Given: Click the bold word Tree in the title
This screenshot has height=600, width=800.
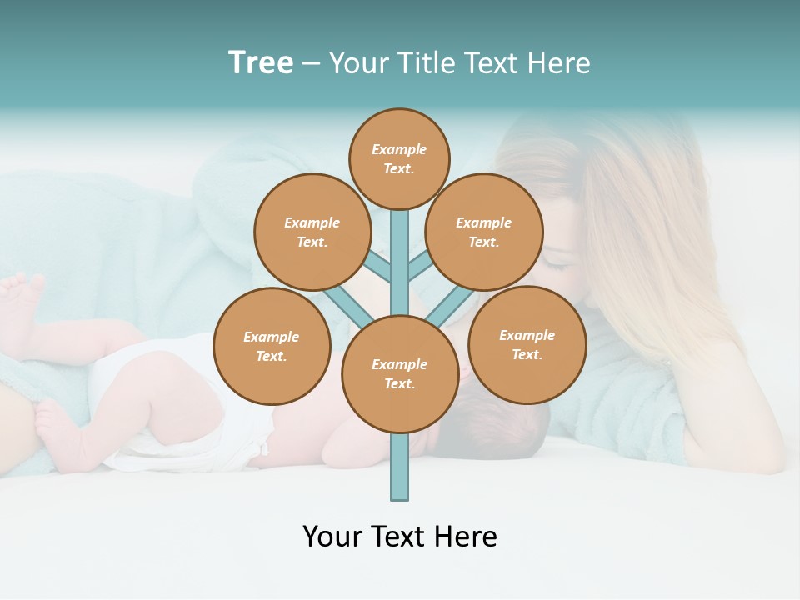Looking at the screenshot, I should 261,63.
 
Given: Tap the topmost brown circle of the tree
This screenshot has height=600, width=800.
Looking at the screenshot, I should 399,159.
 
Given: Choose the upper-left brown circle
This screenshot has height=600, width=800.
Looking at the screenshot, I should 312,232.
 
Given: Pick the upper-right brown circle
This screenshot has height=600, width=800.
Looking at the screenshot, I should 483,232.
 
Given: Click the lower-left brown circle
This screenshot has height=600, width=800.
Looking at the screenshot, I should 272,347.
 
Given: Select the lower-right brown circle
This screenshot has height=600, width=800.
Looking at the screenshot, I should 527,345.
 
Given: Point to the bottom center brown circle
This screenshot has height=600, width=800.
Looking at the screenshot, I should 399,374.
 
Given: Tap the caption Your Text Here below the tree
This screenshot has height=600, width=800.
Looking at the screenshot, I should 399,537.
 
